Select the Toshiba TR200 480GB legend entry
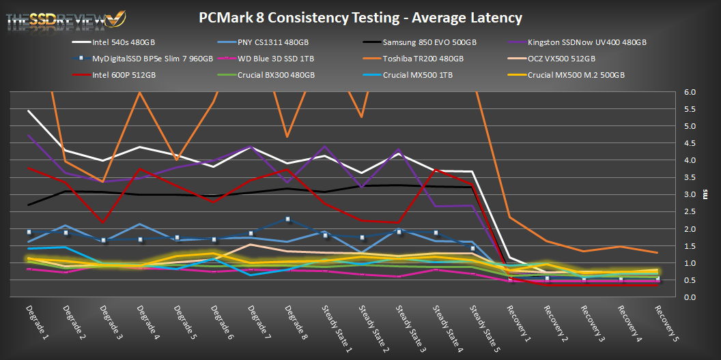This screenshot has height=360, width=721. (x=424, y=59)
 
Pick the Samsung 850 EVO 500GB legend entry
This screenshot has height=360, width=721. (x=424, y=42)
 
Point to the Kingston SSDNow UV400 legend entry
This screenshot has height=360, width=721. (x=587, y=42)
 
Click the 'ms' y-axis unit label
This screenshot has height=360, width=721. (x=705, y=194)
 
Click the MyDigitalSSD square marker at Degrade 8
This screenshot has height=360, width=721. (x=288, y=220)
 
